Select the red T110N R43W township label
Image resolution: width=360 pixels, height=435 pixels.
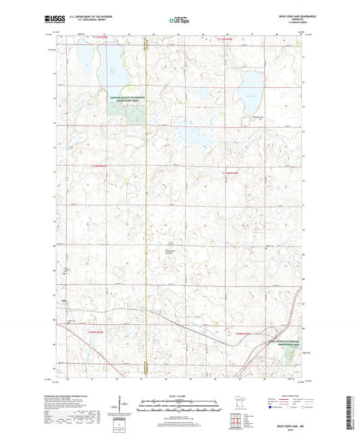pyautogui.click(x=231, y=174)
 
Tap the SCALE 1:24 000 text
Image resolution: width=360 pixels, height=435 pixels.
pyautogui.click(x=180, y=395)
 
